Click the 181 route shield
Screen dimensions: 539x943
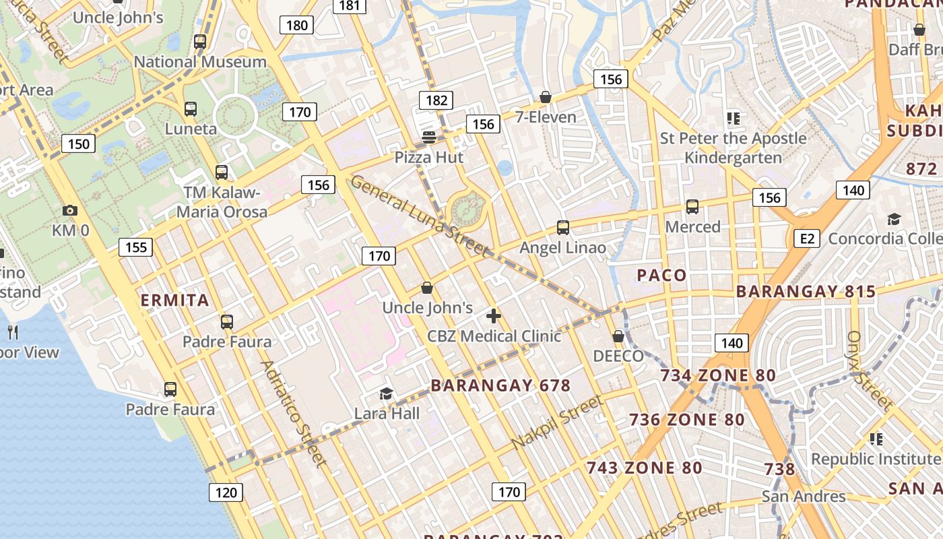point(350,5)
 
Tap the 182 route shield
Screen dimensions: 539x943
point(436,100)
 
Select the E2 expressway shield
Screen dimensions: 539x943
point(806,238)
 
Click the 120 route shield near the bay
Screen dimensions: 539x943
point(226,493)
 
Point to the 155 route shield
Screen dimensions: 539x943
point(136,247)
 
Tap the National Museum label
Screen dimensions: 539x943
point(200,62)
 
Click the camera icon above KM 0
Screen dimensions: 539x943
point(69,211)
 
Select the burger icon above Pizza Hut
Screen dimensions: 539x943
point(429,137)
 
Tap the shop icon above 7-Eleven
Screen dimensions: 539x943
point(546,98)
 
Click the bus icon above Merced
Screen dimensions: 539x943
point(692,207)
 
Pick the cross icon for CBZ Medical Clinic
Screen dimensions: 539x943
point(494,315)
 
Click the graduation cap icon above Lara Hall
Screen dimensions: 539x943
point(386,393)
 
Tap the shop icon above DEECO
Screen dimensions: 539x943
point(618,336)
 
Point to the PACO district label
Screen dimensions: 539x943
point(661,275)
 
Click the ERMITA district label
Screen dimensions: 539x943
point(174,300)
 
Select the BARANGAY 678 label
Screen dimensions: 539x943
point(500,386)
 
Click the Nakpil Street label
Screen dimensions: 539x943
point(557,422)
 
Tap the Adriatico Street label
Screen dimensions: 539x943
point(293,413)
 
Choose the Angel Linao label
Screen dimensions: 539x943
point(562,248)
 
